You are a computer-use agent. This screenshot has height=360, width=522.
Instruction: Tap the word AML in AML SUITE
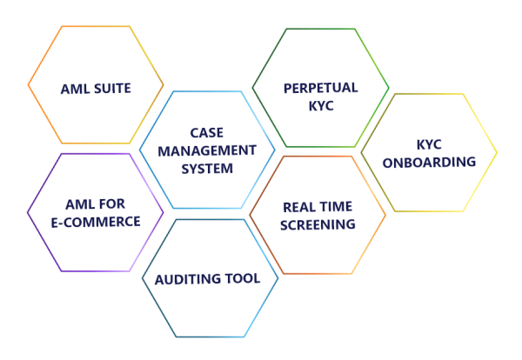coord(75,88)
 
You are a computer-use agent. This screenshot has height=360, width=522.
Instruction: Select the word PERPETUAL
coord(320,88)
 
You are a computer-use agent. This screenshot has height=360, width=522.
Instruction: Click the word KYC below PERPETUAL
coord(320,105)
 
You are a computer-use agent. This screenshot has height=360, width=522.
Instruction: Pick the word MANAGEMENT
coord(207,150)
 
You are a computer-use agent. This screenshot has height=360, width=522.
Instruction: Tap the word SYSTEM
coord(207,168)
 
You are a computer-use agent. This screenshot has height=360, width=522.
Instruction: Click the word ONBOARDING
coord(430,162)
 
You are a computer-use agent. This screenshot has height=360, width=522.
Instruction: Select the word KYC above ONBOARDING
coord(430,144)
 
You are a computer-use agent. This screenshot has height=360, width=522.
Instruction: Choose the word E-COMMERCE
coord(96,221)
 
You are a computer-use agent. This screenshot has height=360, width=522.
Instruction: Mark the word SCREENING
coord(318,223)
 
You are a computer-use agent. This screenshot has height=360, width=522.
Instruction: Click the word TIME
coord(338,206)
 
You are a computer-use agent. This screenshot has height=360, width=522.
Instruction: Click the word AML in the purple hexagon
coord(80,203)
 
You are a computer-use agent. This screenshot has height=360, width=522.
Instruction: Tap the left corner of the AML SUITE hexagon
coord(29,85)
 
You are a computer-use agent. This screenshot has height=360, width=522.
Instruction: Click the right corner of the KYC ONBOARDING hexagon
coord(496,153)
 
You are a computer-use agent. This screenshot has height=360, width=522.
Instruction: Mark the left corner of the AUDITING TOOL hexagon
coord(143,278)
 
